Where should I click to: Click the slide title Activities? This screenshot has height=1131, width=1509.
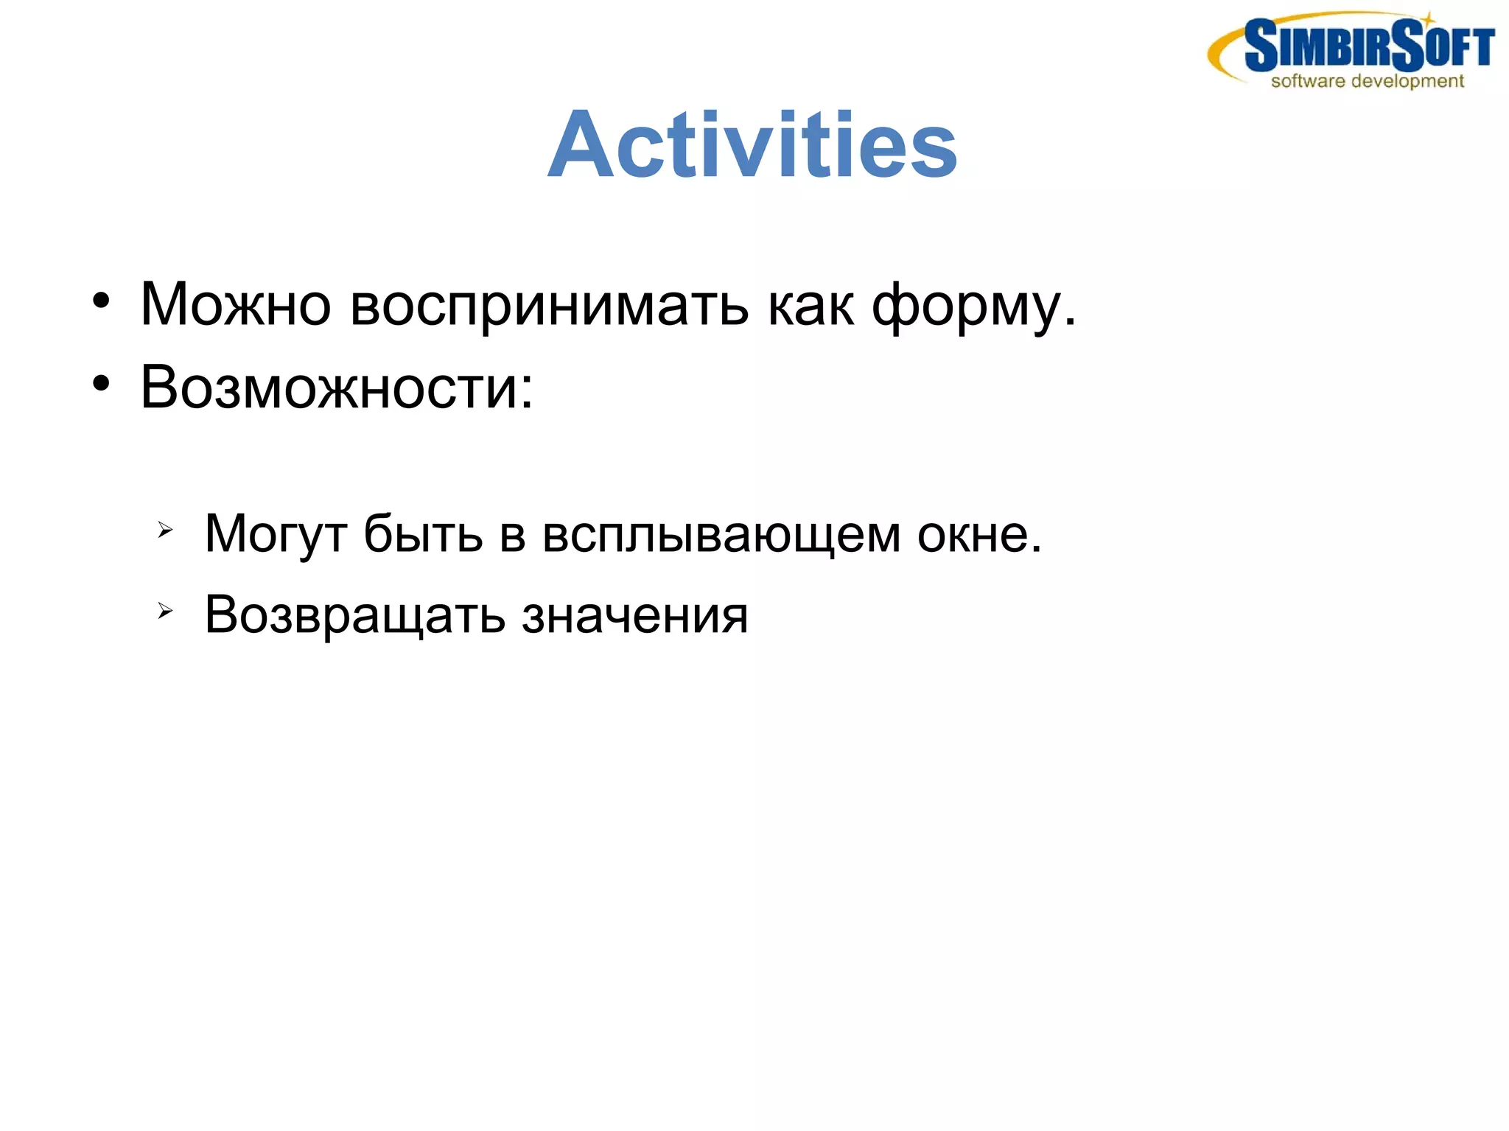[752, 145]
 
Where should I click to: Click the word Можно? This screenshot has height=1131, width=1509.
[235, 304]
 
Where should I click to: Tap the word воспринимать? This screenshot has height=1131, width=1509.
[549, 306]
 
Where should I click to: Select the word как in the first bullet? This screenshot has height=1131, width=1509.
[810, 304]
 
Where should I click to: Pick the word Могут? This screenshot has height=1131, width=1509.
[276, 534]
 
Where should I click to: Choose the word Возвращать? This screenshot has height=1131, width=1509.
[354, 616]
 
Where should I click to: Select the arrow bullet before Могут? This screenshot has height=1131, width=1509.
[165, 529]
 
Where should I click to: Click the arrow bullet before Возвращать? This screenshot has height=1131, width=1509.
[165, 610]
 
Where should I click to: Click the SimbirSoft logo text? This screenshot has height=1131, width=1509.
[1369, 46]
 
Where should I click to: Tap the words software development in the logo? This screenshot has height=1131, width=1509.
[1367, 81]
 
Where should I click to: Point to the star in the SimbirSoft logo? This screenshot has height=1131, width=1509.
[1428, 18]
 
